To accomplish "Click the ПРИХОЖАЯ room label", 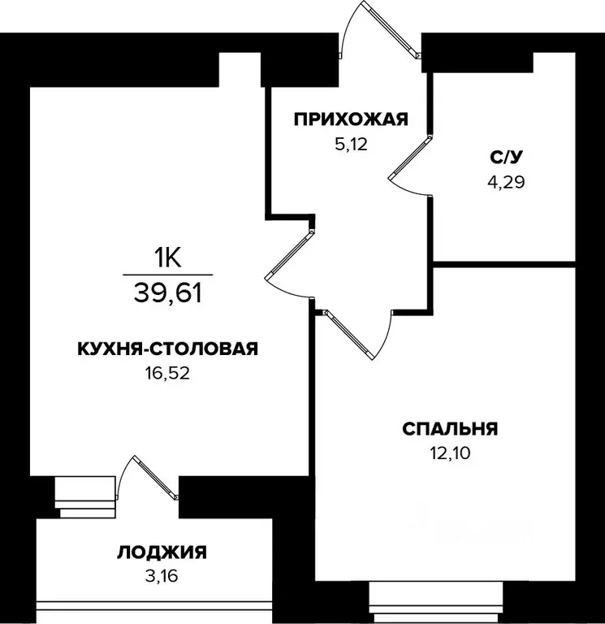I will click(349, 121).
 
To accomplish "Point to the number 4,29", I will click(506, 182).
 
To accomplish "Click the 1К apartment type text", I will click(167, 258).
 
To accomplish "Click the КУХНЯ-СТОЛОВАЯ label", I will click(167, 349).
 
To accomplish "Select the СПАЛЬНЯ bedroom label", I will click(450, 428).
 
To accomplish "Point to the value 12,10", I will click(450, 453).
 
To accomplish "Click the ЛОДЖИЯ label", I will click(162, 553).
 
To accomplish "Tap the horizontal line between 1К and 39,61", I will click(167, 275).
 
